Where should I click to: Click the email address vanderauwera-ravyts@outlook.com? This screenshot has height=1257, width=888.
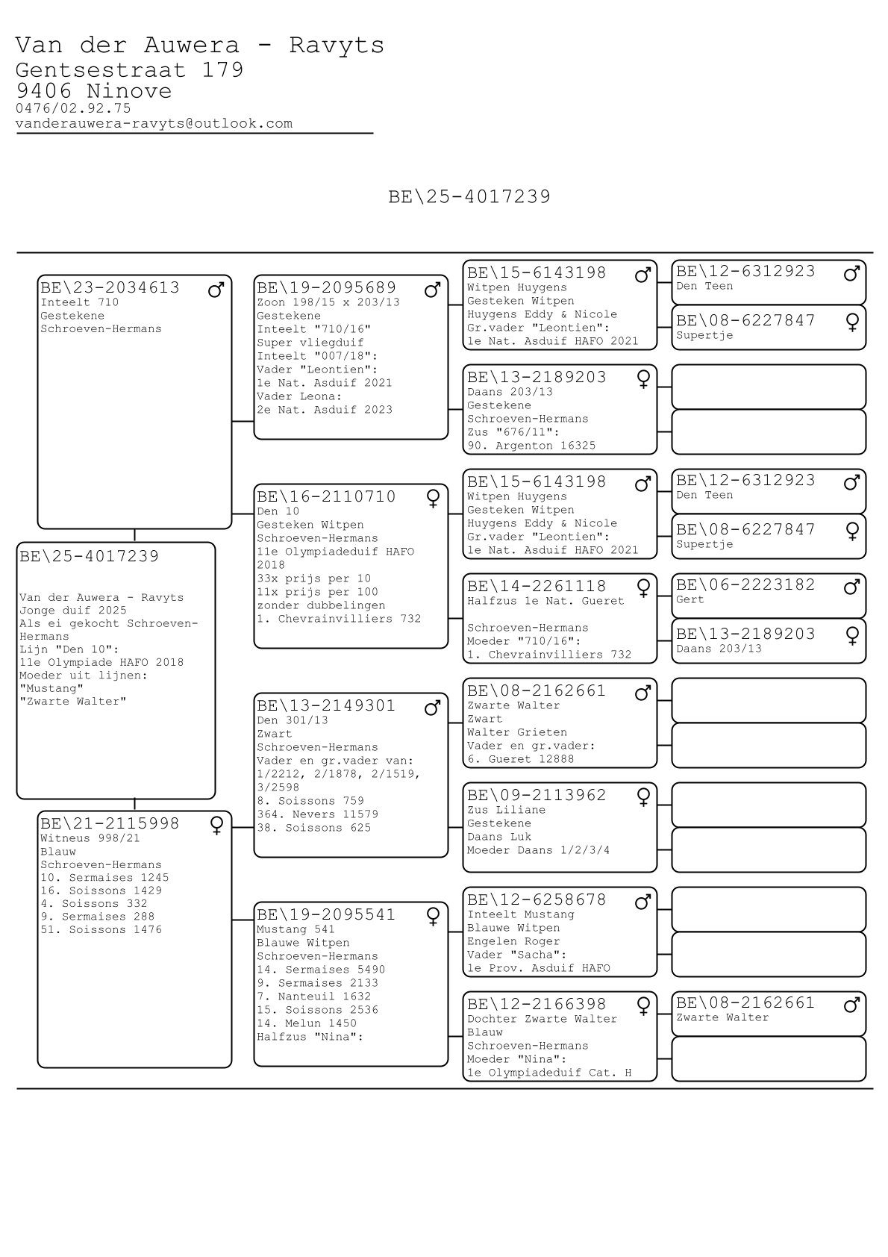pyautogui.click(x=154, y=124)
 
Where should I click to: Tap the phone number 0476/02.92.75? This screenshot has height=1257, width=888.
pyautogui.click(x=73, y=109)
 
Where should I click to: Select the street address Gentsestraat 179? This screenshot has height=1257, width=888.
pyautogui.click(x=129, y=70)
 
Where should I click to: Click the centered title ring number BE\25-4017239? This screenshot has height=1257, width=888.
pyautogui.click(x=469, y=197)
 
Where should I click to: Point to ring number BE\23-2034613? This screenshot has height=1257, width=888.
pyautogui.click(x=110, y=288)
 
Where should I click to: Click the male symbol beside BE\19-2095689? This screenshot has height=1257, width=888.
pyautogui.click(x=432, y=290)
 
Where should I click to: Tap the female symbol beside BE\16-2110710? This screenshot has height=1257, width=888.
pyautogui.click(x=433, y=499)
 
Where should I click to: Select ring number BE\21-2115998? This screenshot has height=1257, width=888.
pyautogui.click(x=110, y=824)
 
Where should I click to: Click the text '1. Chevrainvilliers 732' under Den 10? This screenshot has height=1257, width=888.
pyautogui.click(x=339, y=619)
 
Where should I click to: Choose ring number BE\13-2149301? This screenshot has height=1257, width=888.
pyautogui.click(x=326, y=706)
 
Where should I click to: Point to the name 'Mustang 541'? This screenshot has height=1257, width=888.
pyautogui.click(x=296, y=929)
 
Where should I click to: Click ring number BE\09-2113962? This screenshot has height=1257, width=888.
pyautogui.click(x=537, y=796)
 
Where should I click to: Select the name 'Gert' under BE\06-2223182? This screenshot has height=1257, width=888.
pyautogui.click(x=690, y=599)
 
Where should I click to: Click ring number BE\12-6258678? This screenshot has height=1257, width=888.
pyautogui.click(x=537, y=900)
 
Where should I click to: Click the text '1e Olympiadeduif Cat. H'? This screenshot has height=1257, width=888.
pyautogui.click(x=549, y=1073)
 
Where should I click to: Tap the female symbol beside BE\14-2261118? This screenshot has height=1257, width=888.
pyautogui.click(x=642, y=588)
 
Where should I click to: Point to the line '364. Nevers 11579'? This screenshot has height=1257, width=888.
pyautogui.click(x=317, y=814)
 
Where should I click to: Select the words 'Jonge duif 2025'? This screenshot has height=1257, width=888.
pyautogui.click(x=73, y=611)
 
